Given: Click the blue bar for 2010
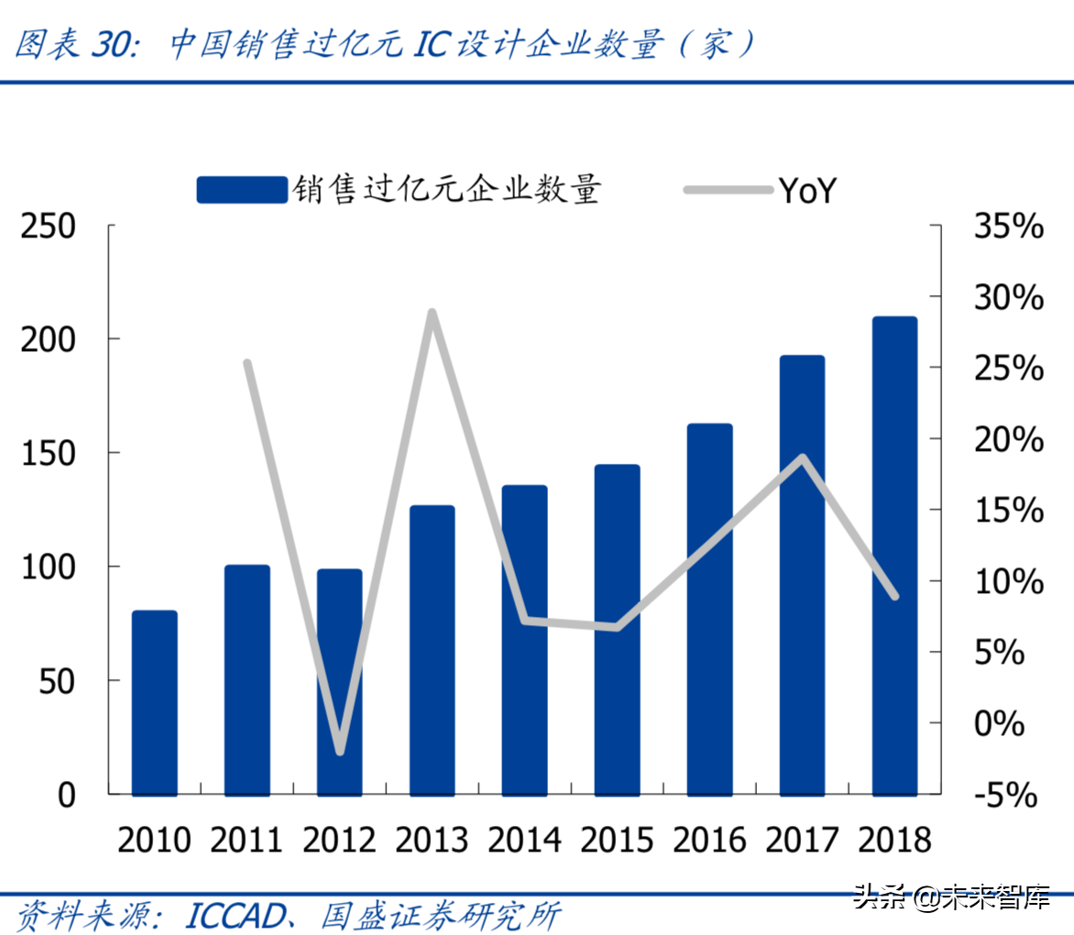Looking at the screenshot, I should click(154, 702).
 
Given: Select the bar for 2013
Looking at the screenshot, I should click(432, 650).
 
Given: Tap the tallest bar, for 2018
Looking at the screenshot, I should click(894, 555).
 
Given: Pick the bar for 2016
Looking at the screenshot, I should click(709, 609).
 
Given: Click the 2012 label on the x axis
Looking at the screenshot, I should click(339, 840).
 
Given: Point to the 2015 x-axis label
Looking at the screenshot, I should click(617, 840).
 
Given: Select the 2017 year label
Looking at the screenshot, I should click(802, 840).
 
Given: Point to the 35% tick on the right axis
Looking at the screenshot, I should click(1008, 226).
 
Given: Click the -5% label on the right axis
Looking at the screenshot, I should click(1005, 795).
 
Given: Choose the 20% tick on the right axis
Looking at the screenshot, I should click(1008, 439).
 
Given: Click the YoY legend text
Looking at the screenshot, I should click(807, 191).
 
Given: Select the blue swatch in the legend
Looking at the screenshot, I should click(242, 190).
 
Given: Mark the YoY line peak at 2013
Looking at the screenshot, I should click(433, 313).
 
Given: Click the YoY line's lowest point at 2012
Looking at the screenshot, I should click(340, 751).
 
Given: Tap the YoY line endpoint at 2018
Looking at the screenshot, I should click(894, 596).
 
